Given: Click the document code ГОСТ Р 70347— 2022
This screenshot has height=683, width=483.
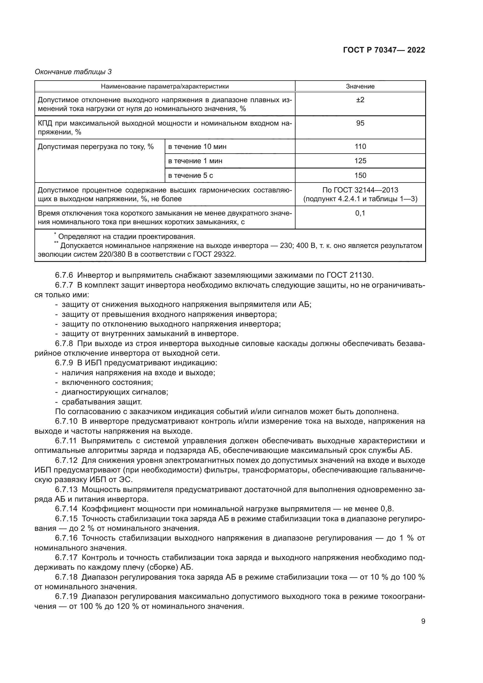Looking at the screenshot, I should tap(384, 50).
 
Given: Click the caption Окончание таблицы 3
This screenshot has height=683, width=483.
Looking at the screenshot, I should tap(73, 72).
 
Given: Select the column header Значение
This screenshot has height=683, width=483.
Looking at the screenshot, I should tap(360, 86).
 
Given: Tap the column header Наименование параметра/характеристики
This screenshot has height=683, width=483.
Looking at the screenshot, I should tap(165, 86).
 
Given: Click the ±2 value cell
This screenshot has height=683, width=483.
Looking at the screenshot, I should tap(360, 100).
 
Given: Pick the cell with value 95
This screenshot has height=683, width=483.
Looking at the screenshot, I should tap(360, 123).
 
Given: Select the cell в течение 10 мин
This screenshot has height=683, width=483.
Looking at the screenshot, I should tap(197, 146).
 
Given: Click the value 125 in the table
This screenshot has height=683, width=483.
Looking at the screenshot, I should tap(360, 161).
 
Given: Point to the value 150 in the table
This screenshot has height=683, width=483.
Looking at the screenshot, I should tap(360, 175).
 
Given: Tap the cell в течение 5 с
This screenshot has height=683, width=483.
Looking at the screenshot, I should tap(190, 175).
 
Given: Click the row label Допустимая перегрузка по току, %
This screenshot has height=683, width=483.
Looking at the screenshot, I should tap(95, 146).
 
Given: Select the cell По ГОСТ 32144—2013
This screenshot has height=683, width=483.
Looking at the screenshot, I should tap(360, 190).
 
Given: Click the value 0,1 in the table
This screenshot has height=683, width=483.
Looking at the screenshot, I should tap(360, 213).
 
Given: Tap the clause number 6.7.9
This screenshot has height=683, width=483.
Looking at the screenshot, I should tap(64, 363).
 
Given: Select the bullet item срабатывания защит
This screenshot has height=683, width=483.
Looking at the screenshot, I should tap(102, 402).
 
